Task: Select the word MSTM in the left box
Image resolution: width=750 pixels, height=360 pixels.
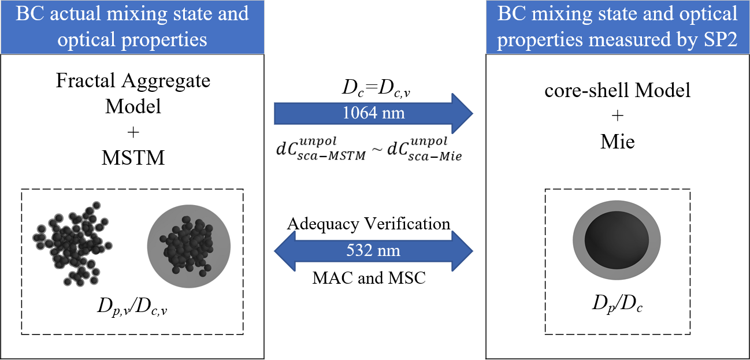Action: (133, 157)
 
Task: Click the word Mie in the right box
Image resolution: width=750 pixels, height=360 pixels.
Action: (617, 141)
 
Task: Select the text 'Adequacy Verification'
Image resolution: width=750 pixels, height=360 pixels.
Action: (369, 224)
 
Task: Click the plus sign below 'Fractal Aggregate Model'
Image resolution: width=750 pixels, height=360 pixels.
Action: (133, 132)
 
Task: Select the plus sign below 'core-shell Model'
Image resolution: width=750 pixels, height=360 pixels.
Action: (617, 116)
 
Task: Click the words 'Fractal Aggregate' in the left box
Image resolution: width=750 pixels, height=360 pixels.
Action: (133, 81)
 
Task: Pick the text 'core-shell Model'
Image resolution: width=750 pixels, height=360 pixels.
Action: (617, 91)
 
